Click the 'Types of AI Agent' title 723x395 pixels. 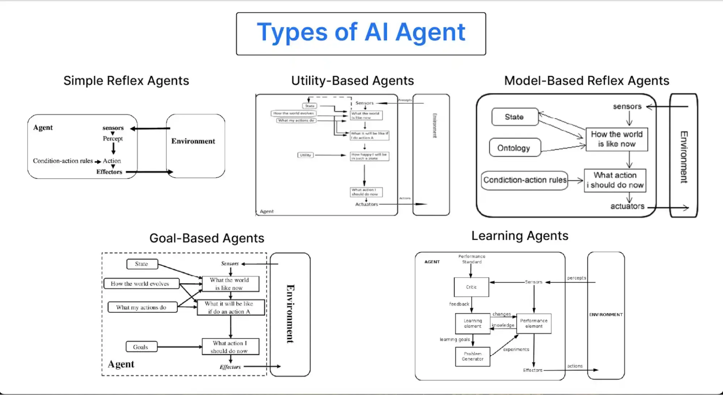(361, 33)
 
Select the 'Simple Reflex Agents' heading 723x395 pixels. (126, 80)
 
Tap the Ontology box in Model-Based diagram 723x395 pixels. (514, 148)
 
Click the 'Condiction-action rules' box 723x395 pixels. (524, 180)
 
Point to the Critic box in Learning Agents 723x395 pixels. (471, 287)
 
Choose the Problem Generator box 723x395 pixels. (472, 357)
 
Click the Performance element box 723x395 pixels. (533, 323)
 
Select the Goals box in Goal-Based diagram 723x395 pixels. (141, 347)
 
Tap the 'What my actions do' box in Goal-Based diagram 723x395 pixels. (142, 307)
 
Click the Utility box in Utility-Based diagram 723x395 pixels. (305, 155)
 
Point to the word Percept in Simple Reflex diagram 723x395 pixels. (112, 139)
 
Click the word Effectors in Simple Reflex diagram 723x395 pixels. (109, 172)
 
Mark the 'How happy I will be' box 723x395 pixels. (369, 156)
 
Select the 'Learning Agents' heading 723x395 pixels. (519, 236)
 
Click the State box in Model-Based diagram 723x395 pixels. (514, 117)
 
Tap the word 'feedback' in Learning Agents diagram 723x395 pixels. (459, 304)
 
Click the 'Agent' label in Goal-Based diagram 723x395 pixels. (121, 364)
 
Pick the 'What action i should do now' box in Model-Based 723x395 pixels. (614, 180)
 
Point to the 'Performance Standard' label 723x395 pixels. (472, 259)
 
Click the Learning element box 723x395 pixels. (472, 323)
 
